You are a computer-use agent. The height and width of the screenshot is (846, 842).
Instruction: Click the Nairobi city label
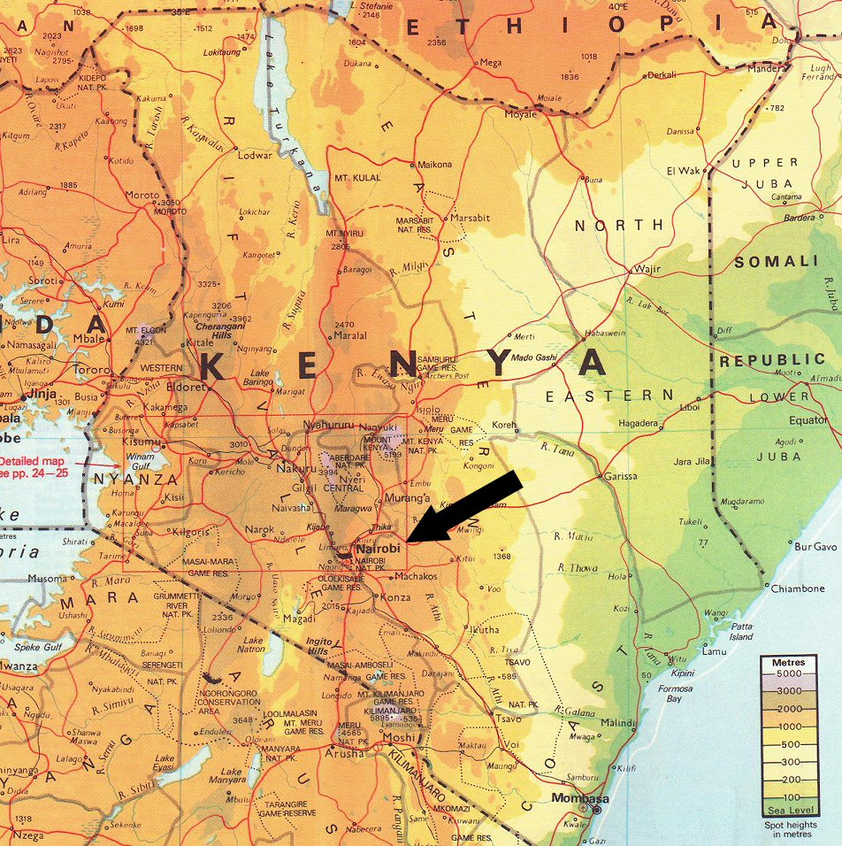point(377,549)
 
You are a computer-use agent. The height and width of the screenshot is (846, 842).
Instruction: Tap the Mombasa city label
point(570,797)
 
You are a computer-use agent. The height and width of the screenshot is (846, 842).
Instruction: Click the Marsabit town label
point(470,218)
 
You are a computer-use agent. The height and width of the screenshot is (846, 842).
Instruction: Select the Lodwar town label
point(256,156)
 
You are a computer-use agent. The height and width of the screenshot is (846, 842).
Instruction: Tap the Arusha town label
point(344,753)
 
